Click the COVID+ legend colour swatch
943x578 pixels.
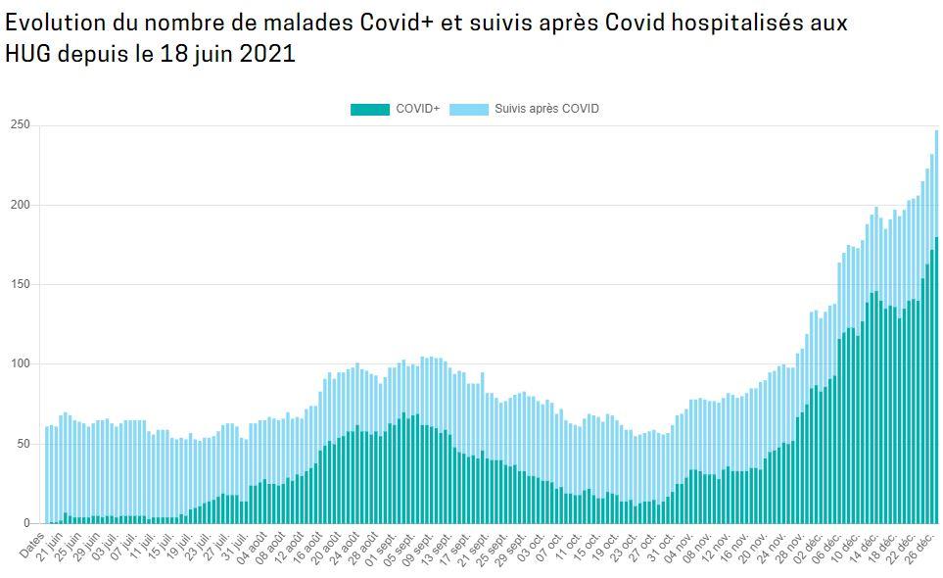coord(369,109)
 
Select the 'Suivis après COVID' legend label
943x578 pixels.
coord(546,109)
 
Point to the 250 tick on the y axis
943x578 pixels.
coord(21,125)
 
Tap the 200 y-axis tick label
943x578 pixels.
coord(21,205)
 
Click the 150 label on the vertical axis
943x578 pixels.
coord(21,284)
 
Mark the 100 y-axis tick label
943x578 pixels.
coord(21,364)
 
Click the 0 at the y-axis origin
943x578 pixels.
coord(26,523)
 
